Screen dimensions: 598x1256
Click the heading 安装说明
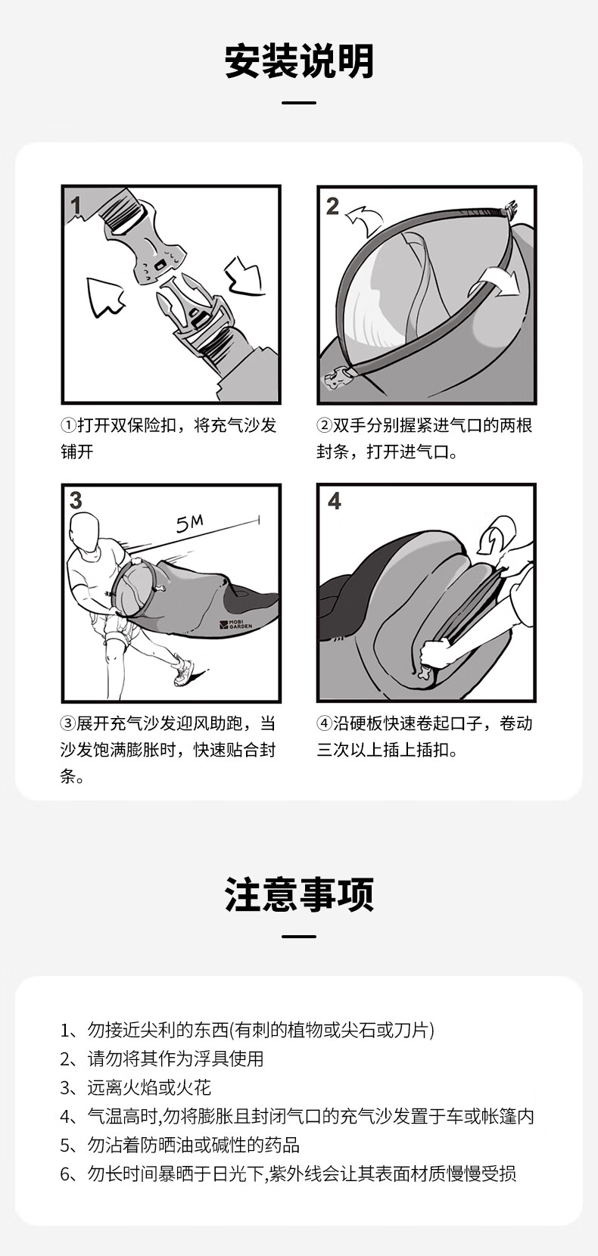299,61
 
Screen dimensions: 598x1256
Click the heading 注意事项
299,894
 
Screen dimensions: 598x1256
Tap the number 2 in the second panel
332,207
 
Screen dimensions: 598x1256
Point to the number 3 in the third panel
76,500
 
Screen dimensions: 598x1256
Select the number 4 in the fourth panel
335,501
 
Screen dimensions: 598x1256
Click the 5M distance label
189,524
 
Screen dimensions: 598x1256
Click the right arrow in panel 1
244,275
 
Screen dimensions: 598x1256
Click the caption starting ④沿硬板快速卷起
424,736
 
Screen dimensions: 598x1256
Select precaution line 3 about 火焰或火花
135,1088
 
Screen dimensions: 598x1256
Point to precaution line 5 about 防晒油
179,1145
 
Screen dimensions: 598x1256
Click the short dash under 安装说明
299,103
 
